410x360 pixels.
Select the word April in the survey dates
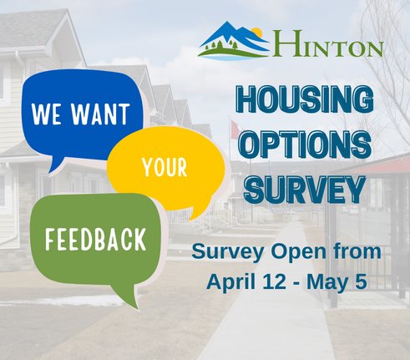coord(229,281)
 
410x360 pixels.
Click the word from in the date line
coord(361,251)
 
